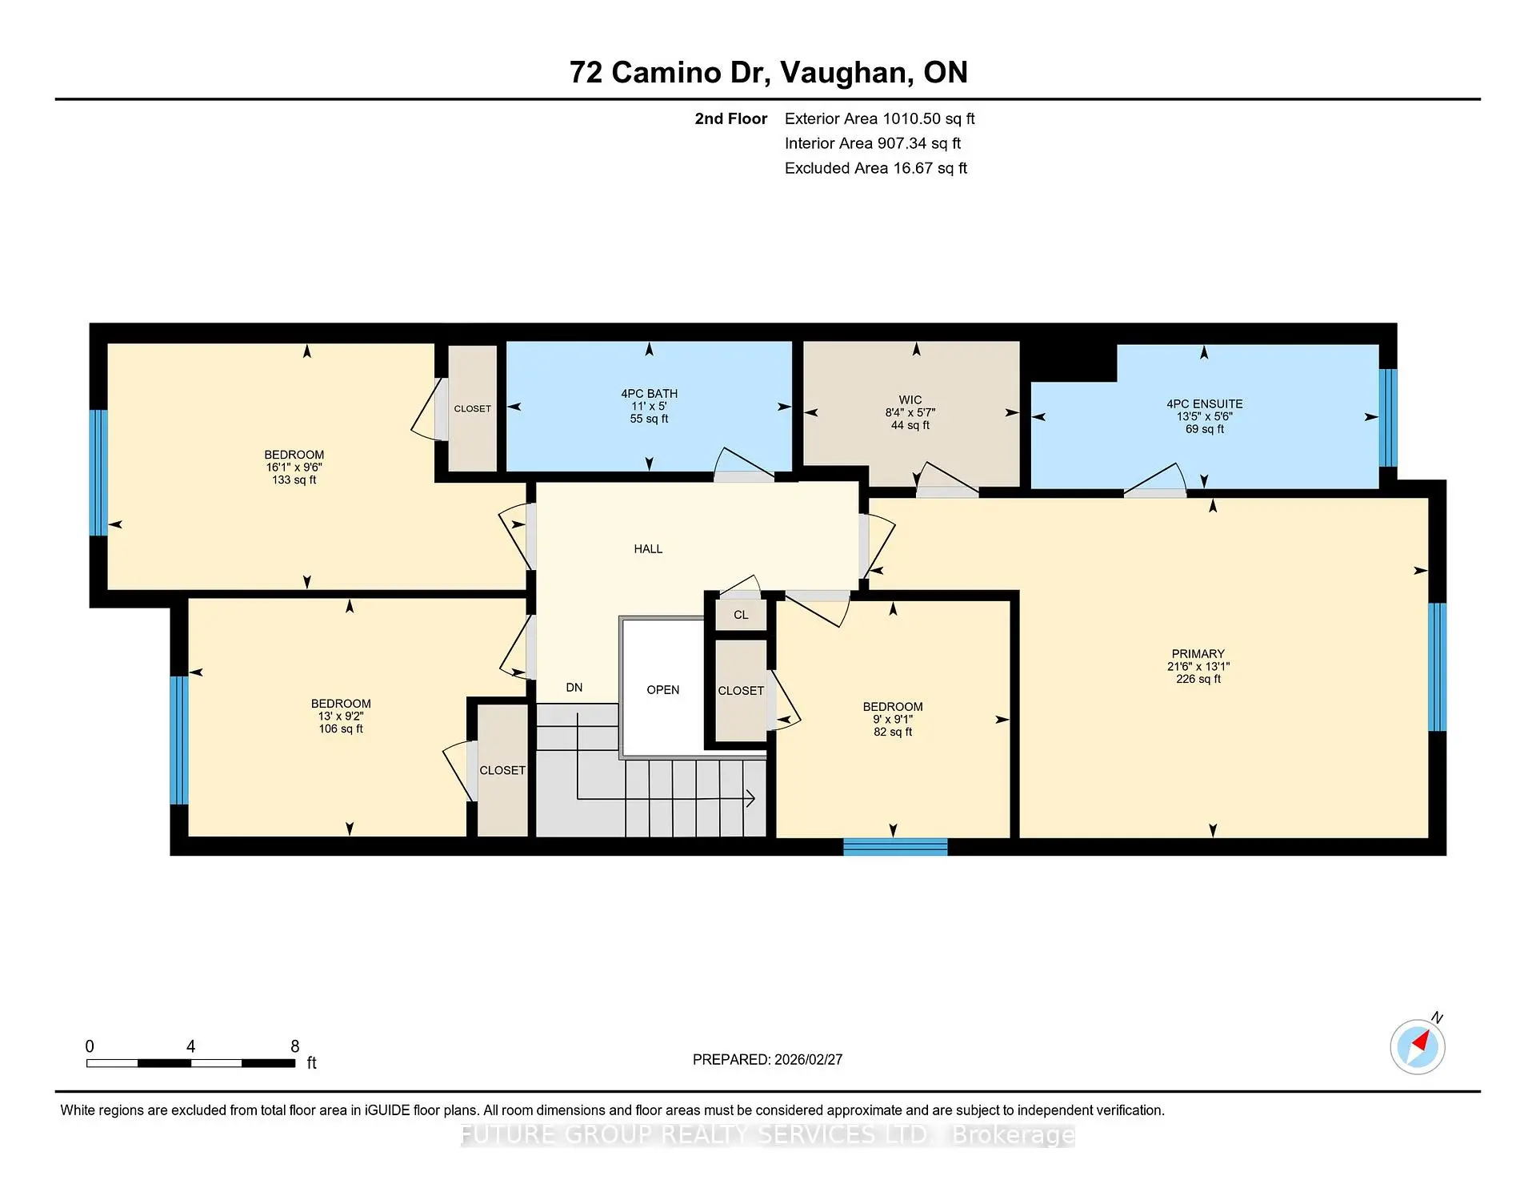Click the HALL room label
pos(648,549)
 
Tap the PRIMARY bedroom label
pos(1198,654)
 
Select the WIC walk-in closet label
pos(910,400)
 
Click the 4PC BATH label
pos(649,394)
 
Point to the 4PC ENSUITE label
pos(1204,404)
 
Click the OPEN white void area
pos(662,690)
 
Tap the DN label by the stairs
pos(574,688)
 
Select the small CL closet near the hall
pos(741,615)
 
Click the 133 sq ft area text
pos(294,480)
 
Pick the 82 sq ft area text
pos(892,732)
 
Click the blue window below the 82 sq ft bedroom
pos(895,847)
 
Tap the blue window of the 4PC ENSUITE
pos(1388,417)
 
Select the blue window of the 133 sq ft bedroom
pos(98,472)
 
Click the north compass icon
pos(1418,1046)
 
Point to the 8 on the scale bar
pos(294,1046)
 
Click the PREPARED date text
pos(767,1060)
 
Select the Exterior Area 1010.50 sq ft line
pos(879,119)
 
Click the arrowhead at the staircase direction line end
pos(750,798)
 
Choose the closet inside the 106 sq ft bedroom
pos(502,770)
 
